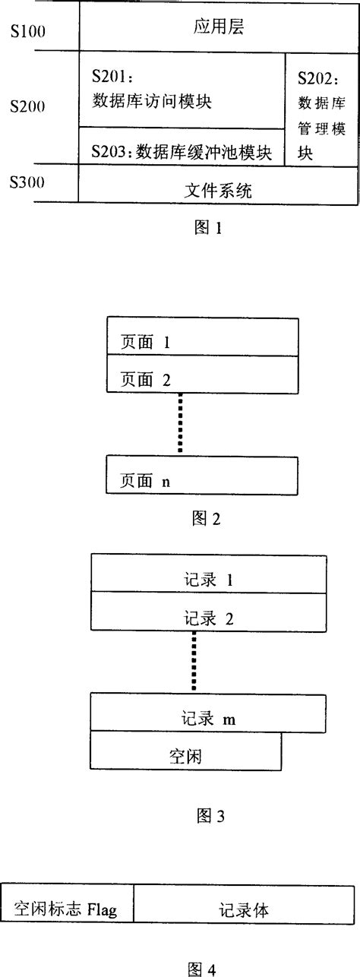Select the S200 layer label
tap(27, 107)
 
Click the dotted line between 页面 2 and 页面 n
tap(181, 423)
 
